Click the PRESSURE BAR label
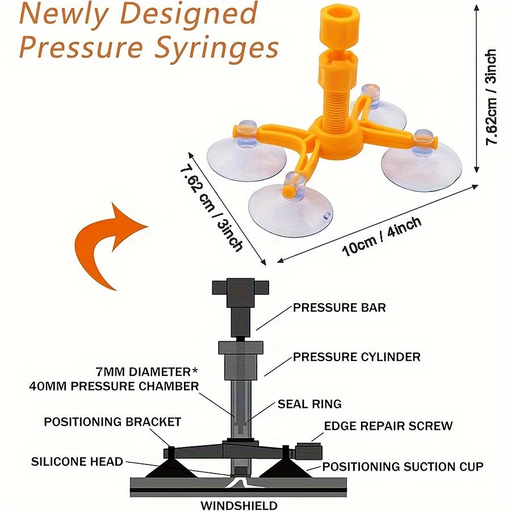tap(340, 308)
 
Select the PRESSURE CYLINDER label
tap(357, 357)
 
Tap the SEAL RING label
tap(309, 404)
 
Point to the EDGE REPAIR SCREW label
tap(388, 426)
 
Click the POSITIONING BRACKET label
tap(112, 422)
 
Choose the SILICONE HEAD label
tap(77, 462)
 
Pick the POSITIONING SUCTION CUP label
tap(403, 467)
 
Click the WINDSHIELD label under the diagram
tap(239, 505)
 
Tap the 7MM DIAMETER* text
tap(147, 372)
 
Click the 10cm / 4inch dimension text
tap(382, 236)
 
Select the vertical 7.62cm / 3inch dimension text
tap(491, 97)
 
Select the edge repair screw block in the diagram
tap(309, 451)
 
